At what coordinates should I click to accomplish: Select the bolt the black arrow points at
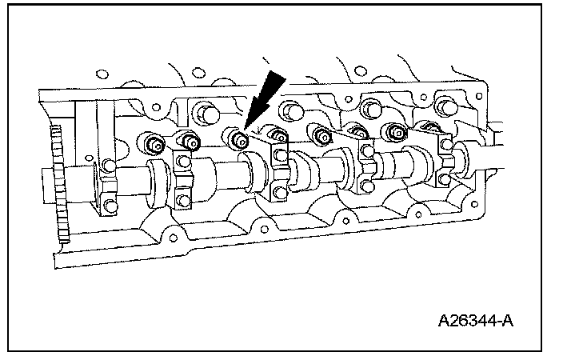pos(237,141)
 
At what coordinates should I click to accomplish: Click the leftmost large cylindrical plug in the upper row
pos(202,111)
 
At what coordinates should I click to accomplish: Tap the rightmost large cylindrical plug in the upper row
pos(442,106)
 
